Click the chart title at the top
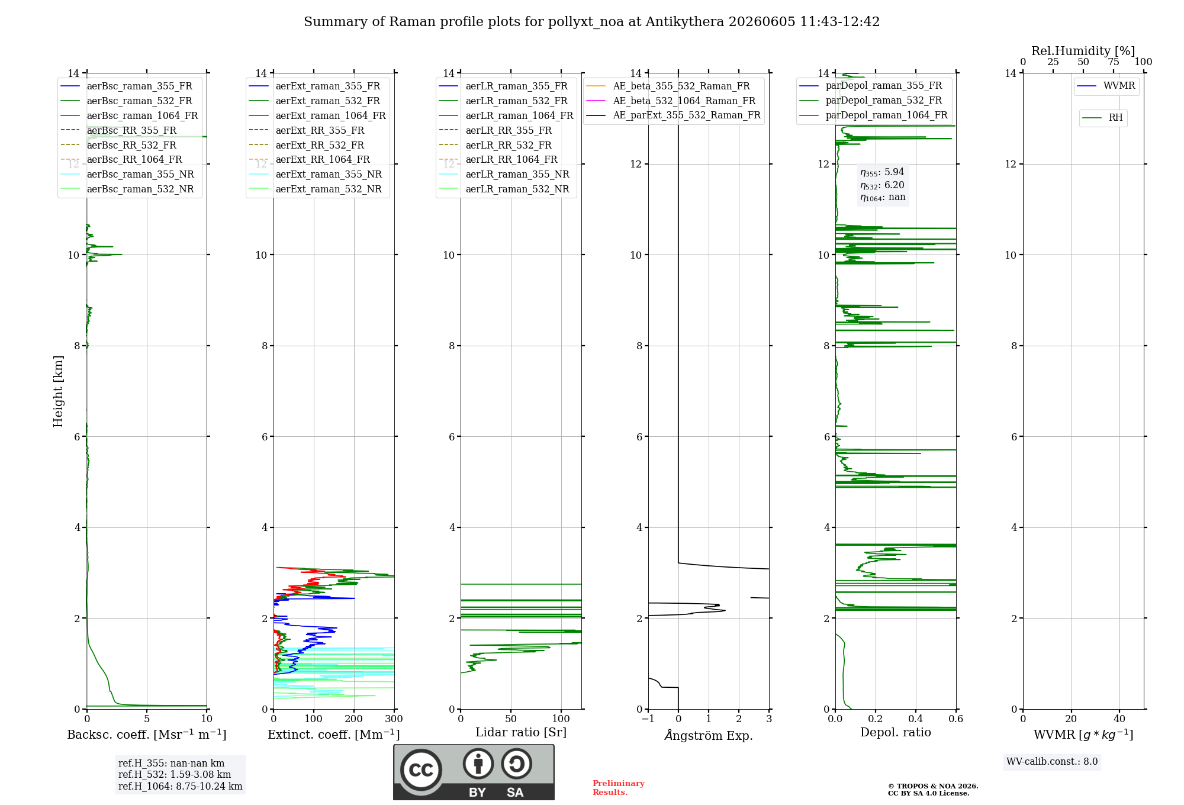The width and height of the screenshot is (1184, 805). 591,22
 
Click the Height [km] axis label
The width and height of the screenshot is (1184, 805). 58,391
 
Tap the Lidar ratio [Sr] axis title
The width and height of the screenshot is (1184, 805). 521,732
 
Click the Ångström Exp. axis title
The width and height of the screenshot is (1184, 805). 709,735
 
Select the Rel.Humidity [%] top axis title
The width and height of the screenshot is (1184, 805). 1083,51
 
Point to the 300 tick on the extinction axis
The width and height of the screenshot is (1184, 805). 394,719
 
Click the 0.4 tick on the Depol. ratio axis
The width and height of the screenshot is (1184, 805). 916,719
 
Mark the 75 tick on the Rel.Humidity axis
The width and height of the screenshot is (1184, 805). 1114,62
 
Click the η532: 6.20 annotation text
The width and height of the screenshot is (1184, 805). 882,185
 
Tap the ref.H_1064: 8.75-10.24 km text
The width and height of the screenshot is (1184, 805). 180,787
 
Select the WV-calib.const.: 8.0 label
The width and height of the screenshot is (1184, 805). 1052,762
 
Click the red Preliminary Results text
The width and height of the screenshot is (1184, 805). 619,788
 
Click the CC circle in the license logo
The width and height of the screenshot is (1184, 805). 421,769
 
